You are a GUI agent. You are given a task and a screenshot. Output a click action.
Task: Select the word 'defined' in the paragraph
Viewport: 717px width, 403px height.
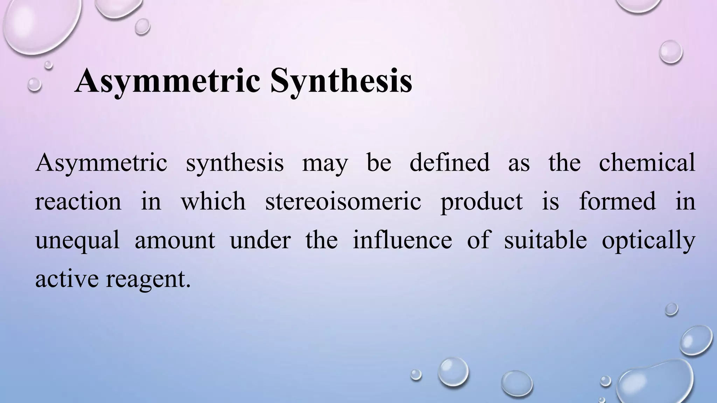click(x=450, y=162)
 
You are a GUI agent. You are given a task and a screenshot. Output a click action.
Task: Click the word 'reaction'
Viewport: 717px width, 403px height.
click(x=78, y=201)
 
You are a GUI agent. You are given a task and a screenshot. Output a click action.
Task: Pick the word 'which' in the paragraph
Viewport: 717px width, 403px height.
click(x=213, y=201)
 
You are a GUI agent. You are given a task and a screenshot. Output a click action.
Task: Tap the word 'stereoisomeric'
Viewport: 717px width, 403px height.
click(x=343, y=201)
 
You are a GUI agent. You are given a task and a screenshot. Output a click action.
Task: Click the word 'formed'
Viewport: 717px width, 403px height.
click(x=617, y=201)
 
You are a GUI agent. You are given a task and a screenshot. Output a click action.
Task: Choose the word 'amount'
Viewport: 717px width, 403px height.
click(x=175, y=241)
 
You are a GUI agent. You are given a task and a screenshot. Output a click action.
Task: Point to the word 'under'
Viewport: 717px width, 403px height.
click(x=260, y=241)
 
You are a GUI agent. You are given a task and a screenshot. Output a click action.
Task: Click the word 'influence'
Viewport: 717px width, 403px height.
click(x=402, y=240)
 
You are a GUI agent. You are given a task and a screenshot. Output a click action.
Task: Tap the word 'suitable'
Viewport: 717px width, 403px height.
click(x=545, y=240)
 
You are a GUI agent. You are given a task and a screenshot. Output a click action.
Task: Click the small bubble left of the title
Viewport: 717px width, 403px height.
click(x=34, y=84)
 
